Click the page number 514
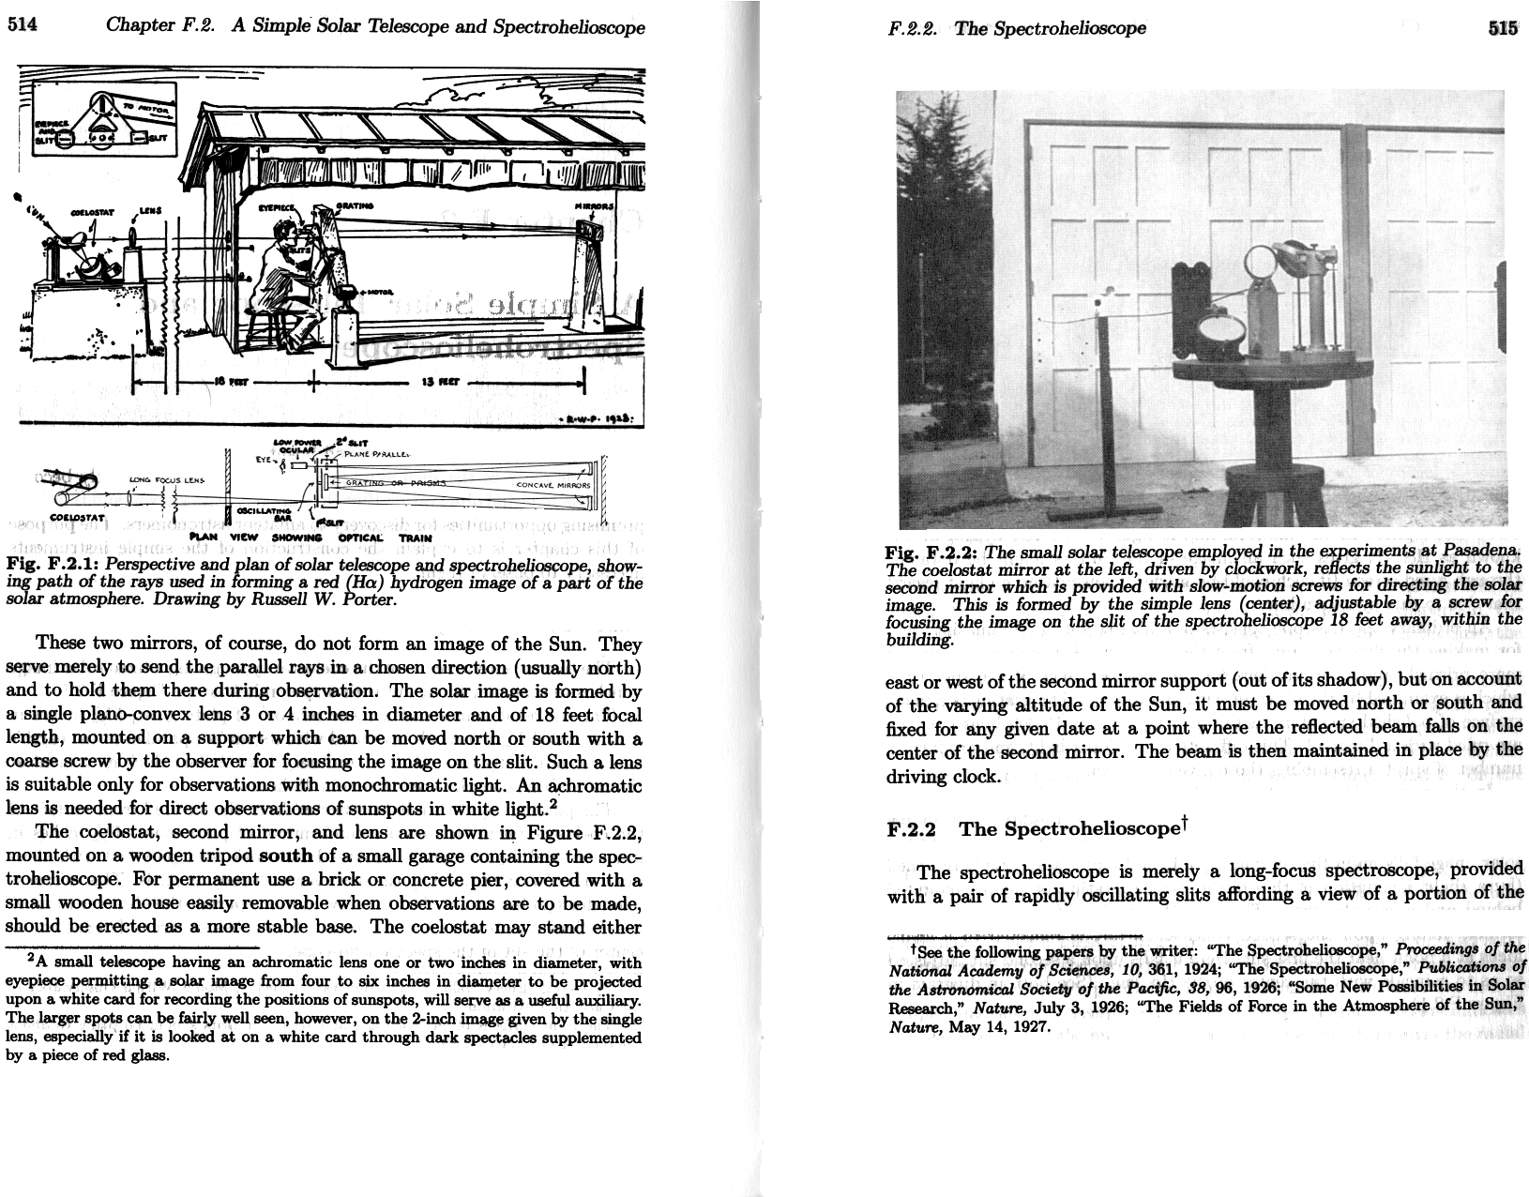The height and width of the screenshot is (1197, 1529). (x=22, y=25)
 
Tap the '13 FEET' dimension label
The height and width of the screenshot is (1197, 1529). (x=437, y=382)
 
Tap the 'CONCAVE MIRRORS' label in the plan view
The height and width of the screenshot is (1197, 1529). (x=553, y=485)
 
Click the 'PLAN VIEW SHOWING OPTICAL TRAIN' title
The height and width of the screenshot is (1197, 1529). (x=310, y=538)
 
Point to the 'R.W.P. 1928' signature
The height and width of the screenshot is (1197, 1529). (x=598, y=419)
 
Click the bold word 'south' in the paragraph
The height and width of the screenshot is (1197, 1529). (x=286, y=856)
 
